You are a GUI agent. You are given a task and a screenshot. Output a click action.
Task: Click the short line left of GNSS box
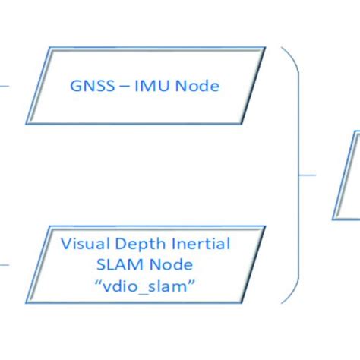coord(5,86)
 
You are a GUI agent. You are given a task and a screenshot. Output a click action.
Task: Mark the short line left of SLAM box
coord(5,265)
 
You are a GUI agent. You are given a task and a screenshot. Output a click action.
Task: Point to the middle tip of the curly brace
coord(302,175)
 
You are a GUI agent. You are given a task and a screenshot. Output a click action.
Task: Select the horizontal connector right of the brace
coord(308,175)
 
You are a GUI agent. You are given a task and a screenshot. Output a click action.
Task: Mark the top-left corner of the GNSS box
coord(52,48)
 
